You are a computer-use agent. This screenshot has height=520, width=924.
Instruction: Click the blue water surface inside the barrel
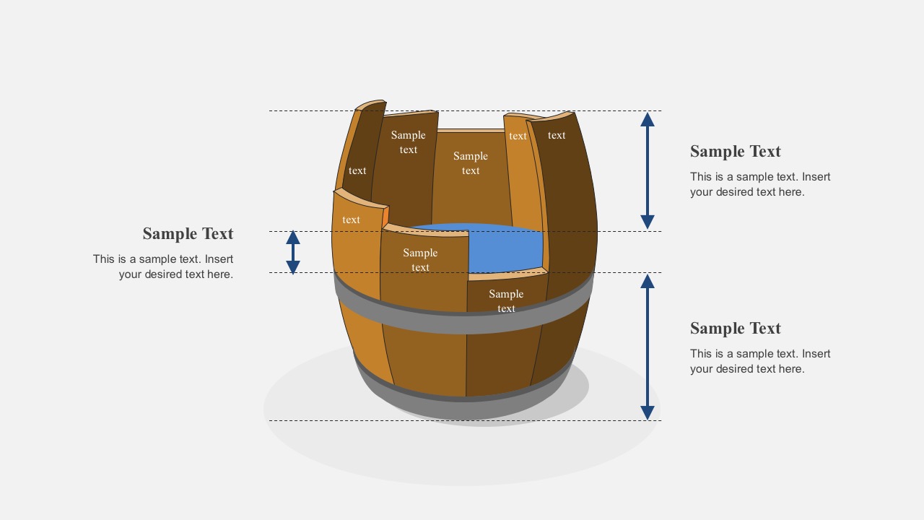(505, 249)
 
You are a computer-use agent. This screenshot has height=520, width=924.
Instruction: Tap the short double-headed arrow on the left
(293, 252)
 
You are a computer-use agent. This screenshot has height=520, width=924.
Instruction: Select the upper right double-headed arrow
(648, 170)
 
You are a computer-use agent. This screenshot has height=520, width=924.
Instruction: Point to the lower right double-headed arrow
(648, 347)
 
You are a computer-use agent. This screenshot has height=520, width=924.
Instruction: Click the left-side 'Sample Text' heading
(188, 234)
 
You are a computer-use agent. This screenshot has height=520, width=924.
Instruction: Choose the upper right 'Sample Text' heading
(735, 152)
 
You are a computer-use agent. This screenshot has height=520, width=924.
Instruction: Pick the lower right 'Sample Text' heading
(735, 329)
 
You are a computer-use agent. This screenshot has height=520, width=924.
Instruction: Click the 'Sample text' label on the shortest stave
(506, 301)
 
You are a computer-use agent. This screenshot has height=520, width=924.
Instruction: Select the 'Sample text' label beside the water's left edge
(420, 260)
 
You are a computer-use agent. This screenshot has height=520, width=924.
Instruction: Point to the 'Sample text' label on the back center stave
(471, 163)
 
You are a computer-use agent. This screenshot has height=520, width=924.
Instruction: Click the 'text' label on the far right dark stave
(557, 135)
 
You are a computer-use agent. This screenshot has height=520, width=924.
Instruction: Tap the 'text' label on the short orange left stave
(352, 220)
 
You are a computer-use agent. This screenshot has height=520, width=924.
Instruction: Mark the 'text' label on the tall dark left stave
(357, 171)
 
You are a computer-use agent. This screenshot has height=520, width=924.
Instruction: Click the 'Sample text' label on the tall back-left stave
(409, 142)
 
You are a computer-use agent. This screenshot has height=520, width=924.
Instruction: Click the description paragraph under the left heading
(163, 266)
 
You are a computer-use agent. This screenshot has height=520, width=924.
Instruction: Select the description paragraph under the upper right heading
(760, 184)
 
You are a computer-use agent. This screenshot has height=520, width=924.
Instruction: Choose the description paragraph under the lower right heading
(760, 361)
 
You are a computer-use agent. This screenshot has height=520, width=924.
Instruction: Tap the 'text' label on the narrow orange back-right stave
(518, 136)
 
